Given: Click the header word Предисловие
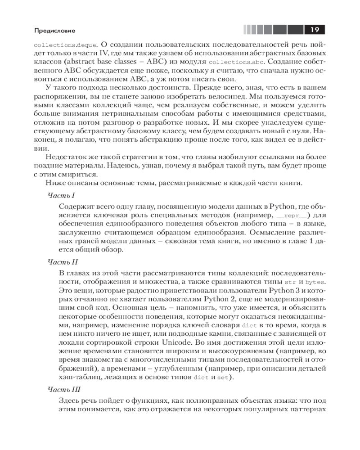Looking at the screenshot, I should coord(54,31).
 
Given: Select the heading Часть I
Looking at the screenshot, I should coord(61,196).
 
